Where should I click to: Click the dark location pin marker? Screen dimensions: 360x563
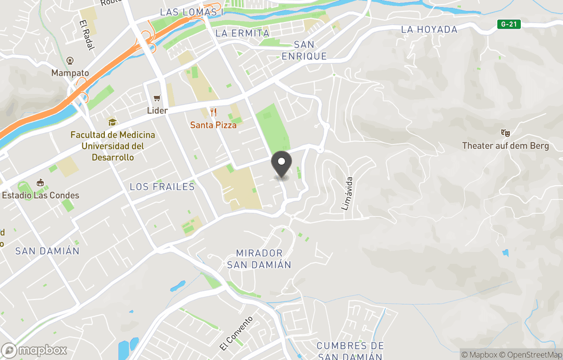tap(281, 165)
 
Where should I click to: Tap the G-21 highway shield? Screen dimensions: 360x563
tap(509, 24)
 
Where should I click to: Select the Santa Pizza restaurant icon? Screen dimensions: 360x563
tap(213, 112)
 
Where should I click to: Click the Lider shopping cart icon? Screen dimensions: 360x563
tap(156, 99)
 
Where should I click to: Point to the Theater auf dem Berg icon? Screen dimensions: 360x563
tap(505, 134)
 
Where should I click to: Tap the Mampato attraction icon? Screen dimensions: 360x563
tap(70, 61)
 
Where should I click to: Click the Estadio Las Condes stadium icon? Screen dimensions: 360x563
tap(40, 183)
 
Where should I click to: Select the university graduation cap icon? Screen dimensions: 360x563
tap(112, 123)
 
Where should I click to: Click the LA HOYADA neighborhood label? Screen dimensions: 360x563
tap(429, 30)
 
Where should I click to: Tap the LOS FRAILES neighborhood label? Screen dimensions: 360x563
tap(162, 187)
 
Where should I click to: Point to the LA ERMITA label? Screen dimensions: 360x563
tap(242, 33)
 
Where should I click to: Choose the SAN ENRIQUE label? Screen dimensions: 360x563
tap(304, 51)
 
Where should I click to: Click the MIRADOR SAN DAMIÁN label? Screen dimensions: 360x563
tap(259, 259)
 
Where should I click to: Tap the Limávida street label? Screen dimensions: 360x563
tap(348, 193)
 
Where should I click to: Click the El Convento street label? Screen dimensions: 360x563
tap(237, 333)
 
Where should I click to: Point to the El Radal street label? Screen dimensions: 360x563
tap(87, 35)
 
